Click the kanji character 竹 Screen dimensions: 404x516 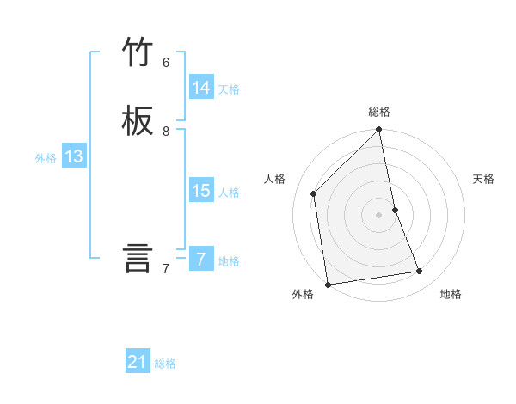coord(138,52)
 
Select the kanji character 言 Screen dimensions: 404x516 coord(138,258)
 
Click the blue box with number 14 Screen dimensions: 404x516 coord(201,88)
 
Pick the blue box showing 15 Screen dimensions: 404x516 coord(201,191)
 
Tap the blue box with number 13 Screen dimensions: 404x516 coord(74,156)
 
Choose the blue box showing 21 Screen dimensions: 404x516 coord(138,362)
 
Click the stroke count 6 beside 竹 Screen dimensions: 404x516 coord(166,63)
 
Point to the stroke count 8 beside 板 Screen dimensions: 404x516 coord(166,132)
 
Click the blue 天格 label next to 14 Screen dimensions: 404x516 coord(229,89)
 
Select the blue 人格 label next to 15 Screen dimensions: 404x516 coord(229,193)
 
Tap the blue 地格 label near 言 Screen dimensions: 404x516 coord(229,261)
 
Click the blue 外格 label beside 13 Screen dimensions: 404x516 coord(46,158)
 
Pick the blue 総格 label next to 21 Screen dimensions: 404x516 coord(165,364)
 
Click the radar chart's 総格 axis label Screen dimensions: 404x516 coord(379,112)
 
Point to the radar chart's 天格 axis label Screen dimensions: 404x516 coord(483,179)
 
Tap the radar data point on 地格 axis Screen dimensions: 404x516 coord(420,272)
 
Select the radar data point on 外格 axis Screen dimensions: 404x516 coord(328,284)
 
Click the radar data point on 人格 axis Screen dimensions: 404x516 coord(314,193)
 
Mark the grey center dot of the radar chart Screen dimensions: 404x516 coord(379,214)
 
